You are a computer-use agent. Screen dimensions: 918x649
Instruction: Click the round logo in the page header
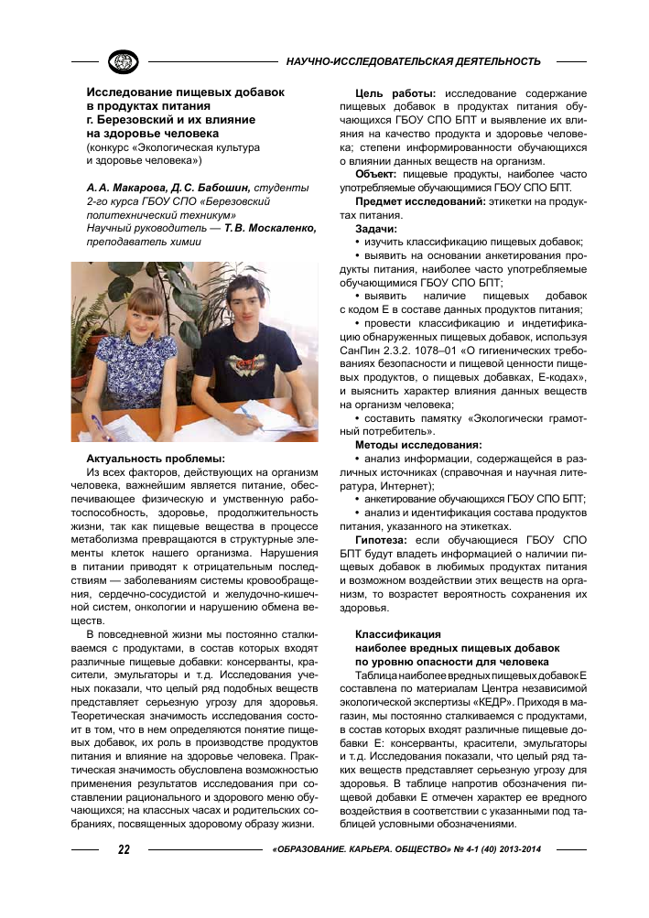click(x=123, y=61)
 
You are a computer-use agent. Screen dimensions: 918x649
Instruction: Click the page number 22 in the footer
click(x=124, y=848)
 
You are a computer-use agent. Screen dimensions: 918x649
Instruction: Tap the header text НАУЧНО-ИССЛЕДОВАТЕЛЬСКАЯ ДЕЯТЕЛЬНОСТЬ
click(x=414, y=61)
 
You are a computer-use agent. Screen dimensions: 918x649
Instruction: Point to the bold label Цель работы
click(x=395, y=93)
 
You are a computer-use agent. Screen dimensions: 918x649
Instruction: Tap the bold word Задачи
click(x=376, y=226)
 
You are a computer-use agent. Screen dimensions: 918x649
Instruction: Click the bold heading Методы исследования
click(x=417, y=444)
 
